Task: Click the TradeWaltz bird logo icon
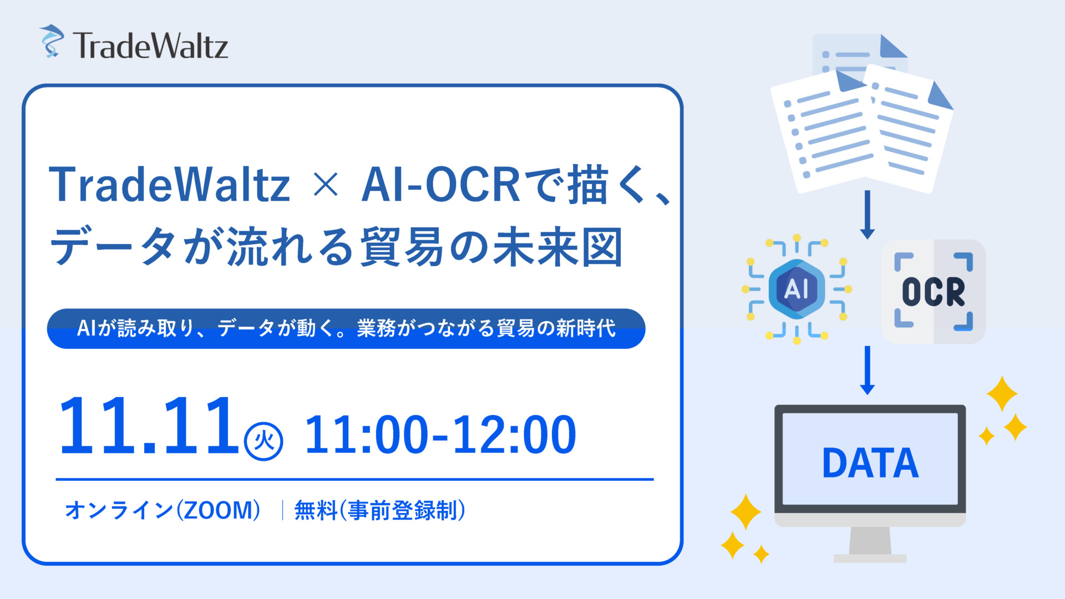52,41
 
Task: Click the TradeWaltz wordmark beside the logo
150,45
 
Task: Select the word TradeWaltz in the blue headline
170,185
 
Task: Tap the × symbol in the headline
326,185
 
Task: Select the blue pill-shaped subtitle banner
346,328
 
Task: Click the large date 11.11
148,425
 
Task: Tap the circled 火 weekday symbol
264,441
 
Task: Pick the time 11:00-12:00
440,435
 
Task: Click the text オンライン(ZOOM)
163,510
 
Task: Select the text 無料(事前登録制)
380,510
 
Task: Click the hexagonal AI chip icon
797,289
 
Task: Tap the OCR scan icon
934,292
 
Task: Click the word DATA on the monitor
870,463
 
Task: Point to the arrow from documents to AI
868,215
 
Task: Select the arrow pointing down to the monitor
868,370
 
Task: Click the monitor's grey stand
870,545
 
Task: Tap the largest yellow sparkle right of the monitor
1002,393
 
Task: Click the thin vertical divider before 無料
282,510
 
